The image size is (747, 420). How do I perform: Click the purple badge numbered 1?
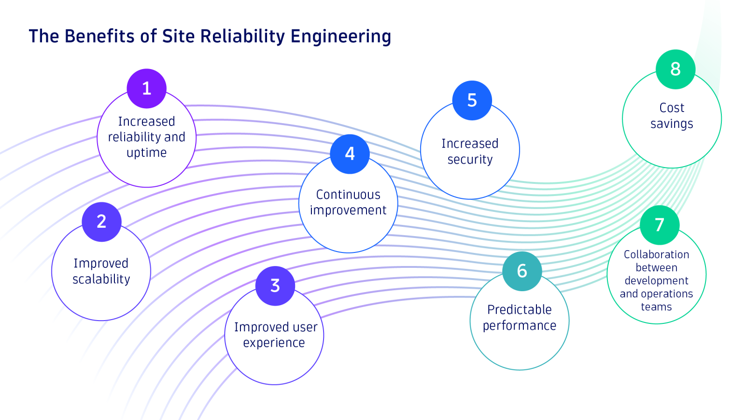147,89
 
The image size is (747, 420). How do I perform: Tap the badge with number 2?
101,222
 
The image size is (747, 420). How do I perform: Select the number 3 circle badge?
275,286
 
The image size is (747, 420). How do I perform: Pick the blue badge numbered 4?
350,154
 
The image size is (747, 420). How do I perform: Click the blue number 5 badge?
472,100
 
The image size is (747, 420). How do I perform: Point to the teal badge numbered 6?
522,271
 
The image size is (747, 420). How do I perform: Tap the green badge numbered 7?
659,225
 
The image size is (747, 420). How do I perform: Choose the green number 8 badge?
675,69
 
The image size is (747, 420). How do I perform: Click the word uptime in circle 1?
147,153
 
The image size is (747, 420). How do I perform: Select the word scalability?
101,279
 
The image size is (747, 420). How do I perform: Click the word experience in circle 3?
274,343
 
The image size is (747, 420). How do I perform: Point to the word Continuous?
348,195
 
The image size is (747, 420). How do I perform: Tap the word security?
470,160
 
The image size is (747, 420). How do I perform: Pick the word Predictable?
520,310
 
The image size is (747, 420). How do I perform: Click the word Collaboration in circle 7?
656,255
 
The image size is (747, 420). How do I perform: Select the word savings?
672,124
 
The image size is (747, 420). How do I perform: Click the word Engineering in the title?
341,36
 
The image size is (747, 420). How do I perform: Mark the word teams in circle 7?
656,307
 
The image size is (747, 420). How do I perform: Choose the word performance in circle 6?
520,326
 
